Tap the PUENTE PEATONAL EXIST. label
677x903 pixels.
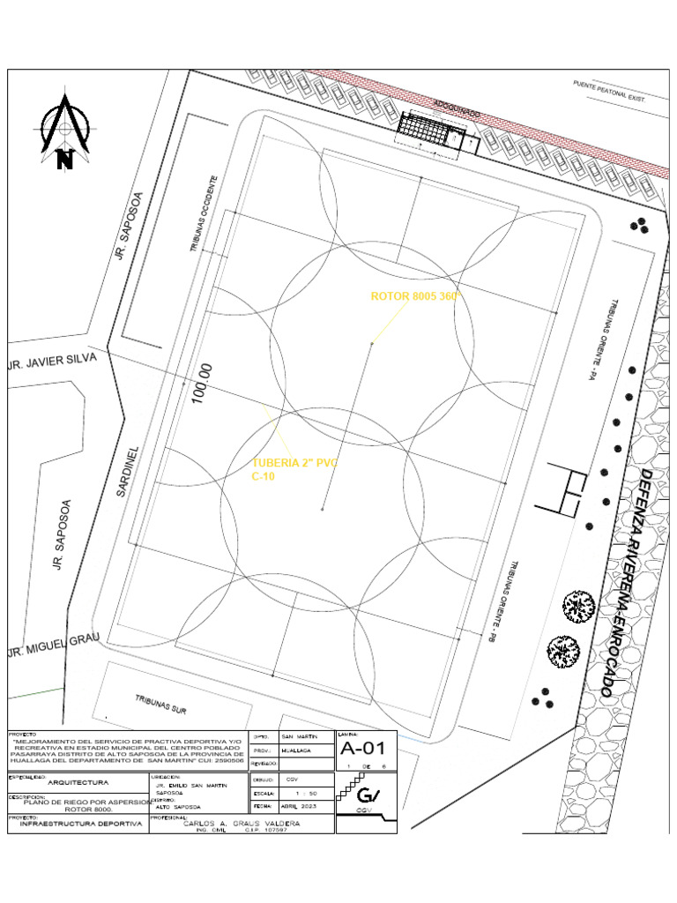point(609,93)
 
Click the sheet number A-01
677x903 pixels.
point(363,750)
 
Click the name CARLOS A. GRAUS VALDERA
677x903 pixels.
point(241,823)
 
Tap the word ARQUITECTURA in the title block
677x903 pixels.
point(78,782)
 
